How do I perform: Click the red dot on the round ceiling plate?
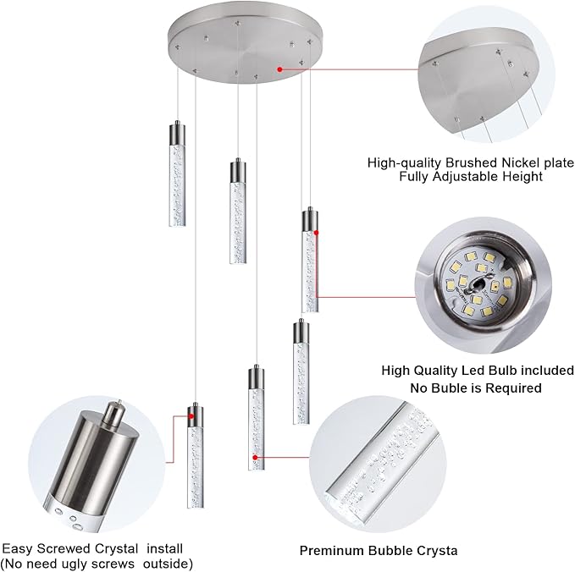[x=279, y=69]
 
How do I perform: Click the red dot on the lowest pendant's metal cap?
[x=191, y=416]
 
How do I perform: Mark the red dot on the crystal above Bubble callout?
[x=255, y=457]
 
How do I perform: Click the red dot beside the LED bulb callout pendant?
[x=317, y=233]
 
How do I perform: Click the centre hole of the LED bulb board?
[x=479, y=283]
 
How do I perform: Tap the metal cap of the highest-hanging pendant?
[x=178, y=134]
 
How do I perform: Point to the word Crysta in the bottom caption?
[x=438, y=550]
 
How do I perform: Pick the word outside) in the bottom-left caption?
[x=168, y=564]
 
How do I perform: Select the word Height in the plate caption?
[x=522, y=177]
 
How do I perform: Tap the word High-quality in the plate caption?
[x=405, y=162]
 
